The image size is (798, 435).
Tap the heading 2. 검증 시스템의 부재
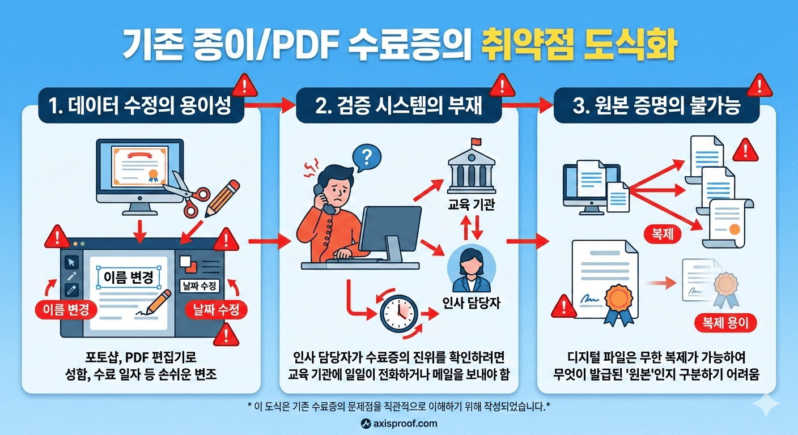(x=399, y=106)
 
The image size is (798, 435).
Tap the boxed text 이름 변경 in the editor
(x=129, y=278)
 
